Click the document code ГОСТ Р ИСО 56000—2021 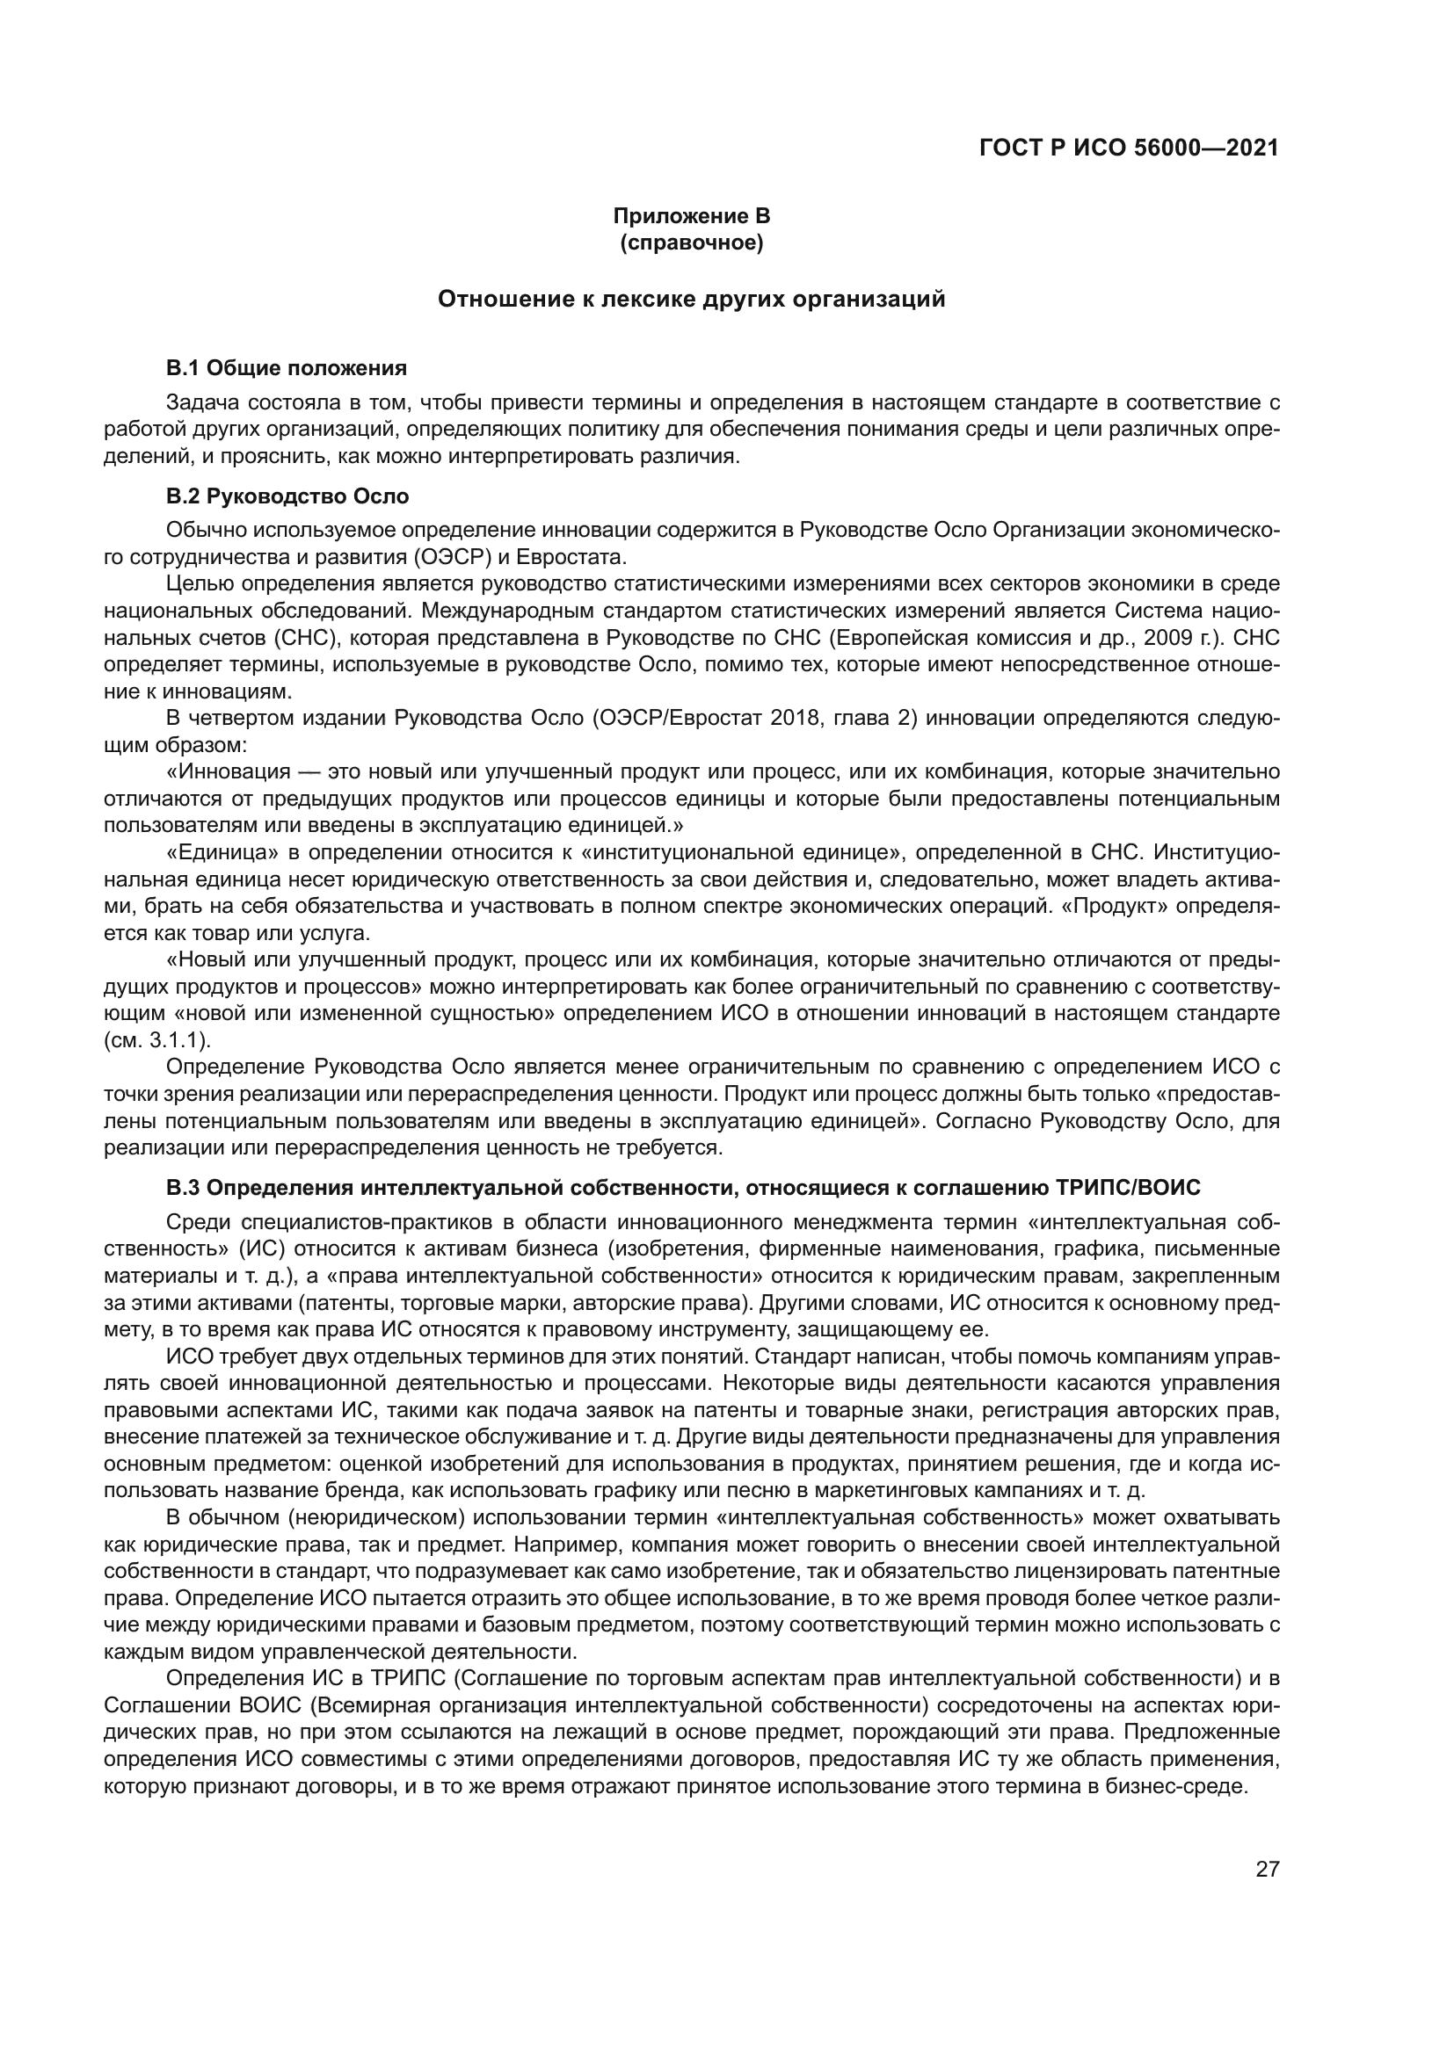[1129, 148]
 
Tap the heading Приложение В [691, 216]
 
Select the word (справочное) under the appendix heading [691, 242]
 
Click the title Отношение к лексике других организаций [691, 299]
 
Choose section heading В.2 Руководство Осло [287, 496]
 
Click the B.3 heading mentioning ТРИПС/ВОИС [683, 1188]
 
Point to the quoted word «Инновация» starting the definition [229, 771]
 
